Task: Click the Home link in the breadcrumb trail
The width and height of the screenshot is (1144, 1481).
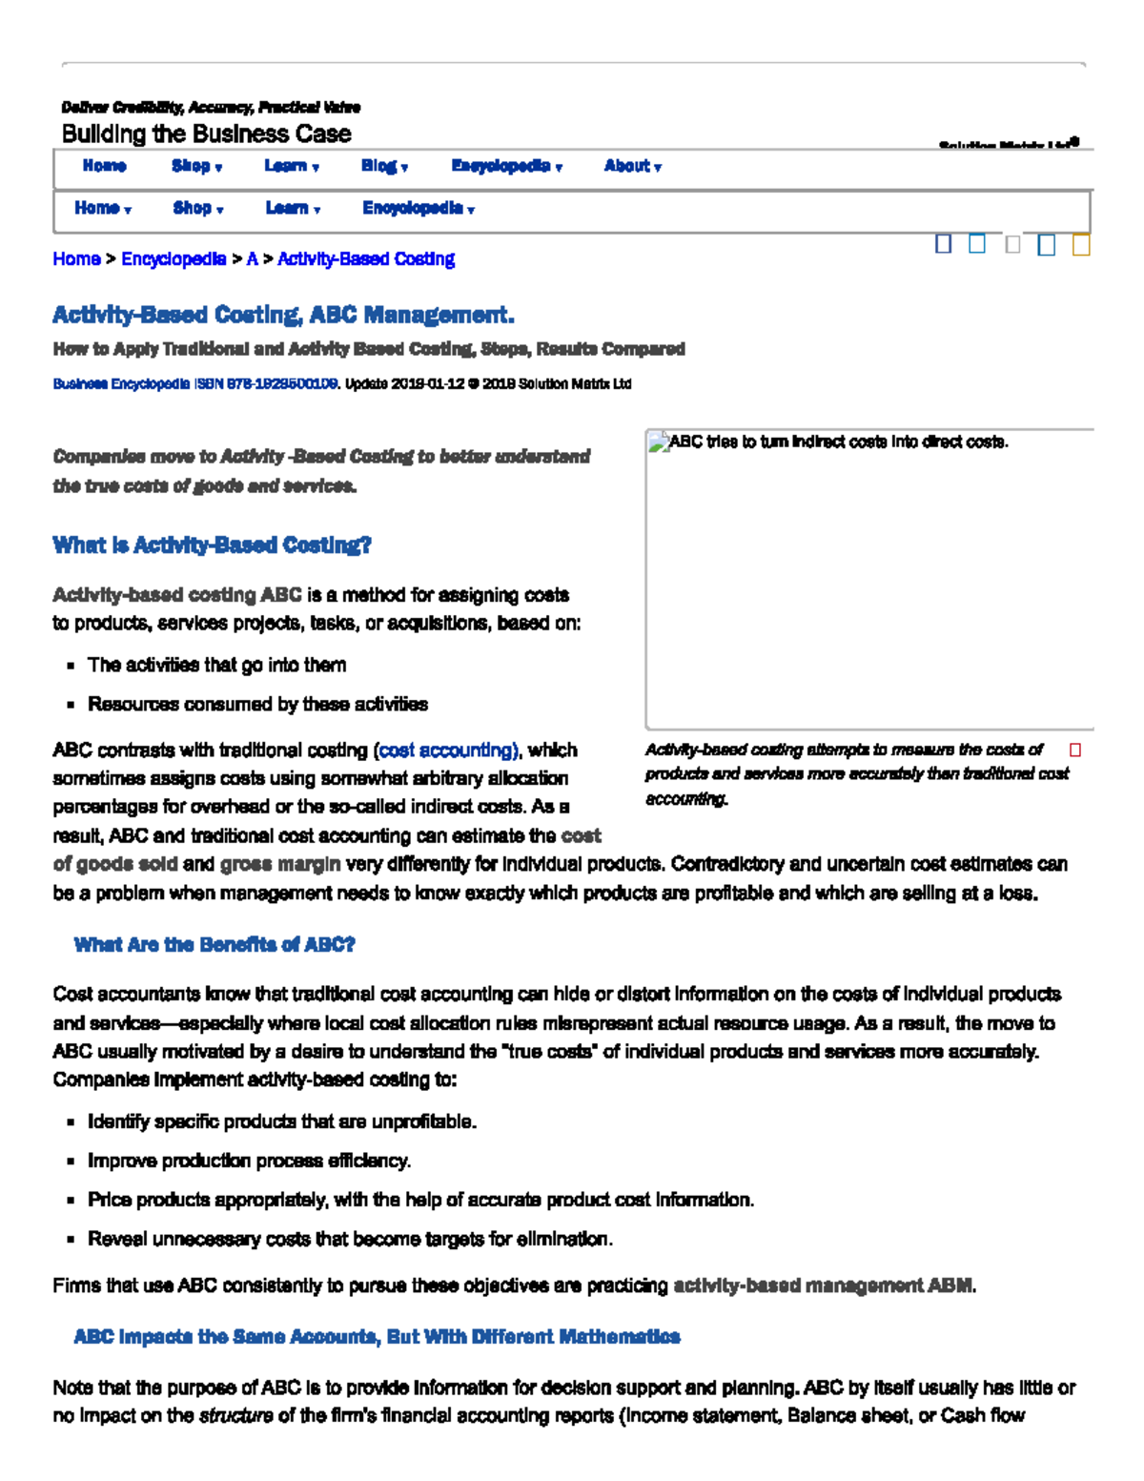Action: (x=76, y=259)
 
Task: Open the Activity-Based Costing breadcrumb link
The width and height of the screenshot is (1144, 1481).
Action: (x=365, y=259)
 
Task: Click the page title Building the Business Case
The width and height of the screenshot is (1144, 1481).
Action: (x=206, y=134)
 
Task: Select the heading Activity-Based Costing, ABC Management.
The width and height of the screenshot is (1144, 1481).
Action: (x=283, y=315)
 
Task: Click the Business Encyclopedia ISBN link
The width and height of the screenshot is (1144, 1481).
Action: (x=194, y=384)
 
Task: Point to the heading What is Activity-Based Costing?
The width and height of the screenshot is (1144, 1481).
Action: (x=212, y=545)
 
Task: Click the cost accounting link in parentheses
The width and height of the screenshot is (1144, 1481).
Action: (x=448, y=751)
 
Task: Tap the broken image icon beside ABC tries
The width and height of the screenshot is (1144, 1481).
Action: (x=658, y=442)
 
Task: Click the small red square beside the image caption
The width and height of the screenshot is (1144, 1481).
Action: (x=1075, y=751)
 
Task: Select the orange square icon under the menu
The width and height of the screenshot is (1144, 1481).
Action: (x=1080, y=245)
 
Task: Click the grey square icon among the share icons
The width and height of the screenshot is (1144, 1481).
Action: (x=1012, y=245)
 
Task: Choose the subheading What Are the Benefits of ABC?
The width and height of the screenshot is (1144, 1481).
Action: (x=214, y=945)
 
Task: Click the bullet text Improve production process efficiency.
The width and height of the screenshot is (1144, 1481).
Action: (x=250, y=1161)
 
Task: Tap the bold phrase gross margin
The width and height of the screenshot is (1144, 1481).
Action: (x=279, y=864)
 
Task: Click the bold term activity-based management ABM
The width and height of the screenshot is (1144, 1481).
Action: (x=824, y=1286)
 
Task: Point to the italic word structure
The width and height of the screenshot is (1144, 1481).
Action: (x=235, y=1416)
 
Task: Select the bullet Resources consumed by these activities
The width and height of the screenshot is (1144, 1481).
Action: (x=257, y=704)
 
